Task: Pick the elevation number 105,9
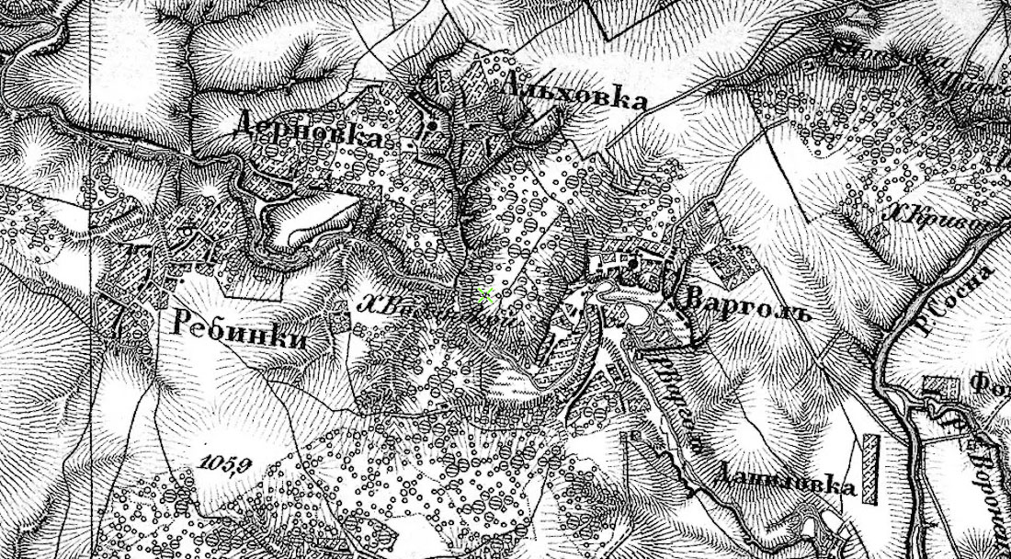tap(224, 462)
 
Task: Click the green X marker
tap(486, 295)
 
